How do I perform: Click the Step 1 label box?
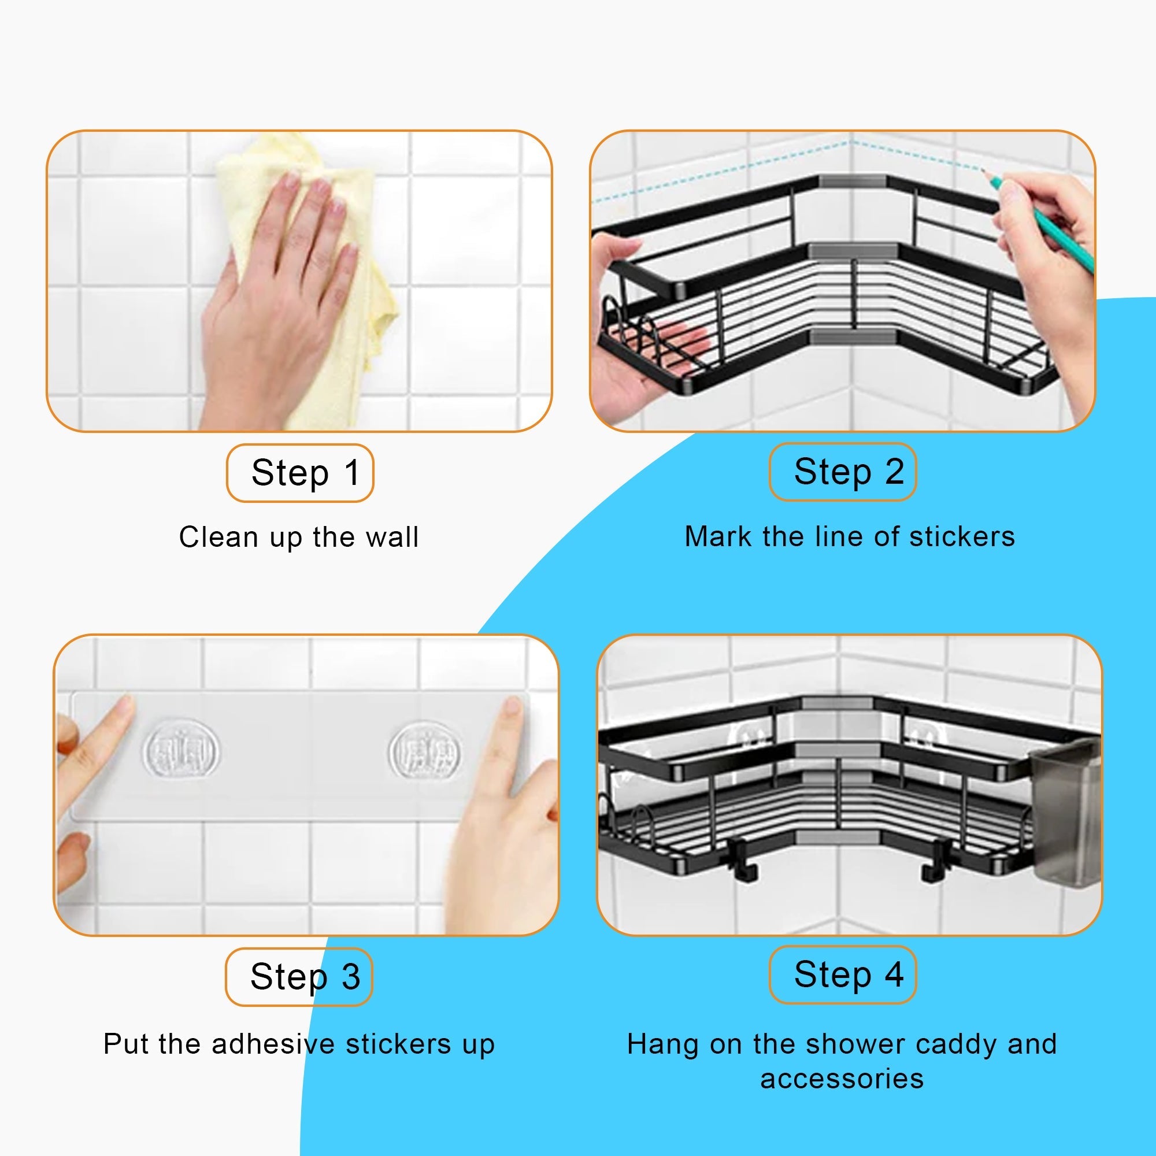300,473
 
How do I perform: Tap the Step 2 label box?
843,472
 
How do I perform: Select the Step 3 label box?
299,976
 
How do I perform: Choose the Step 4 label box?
843,975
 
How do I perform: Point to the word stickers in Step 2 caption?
962,536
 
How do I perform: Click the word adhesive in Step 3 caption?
273,1044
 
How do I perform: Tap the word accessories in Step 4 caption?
842,1079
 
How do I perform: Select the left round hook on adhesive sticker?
181,750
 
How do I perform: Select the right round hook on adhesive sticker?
425,750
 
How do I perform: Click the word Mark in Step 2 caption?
717,536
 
